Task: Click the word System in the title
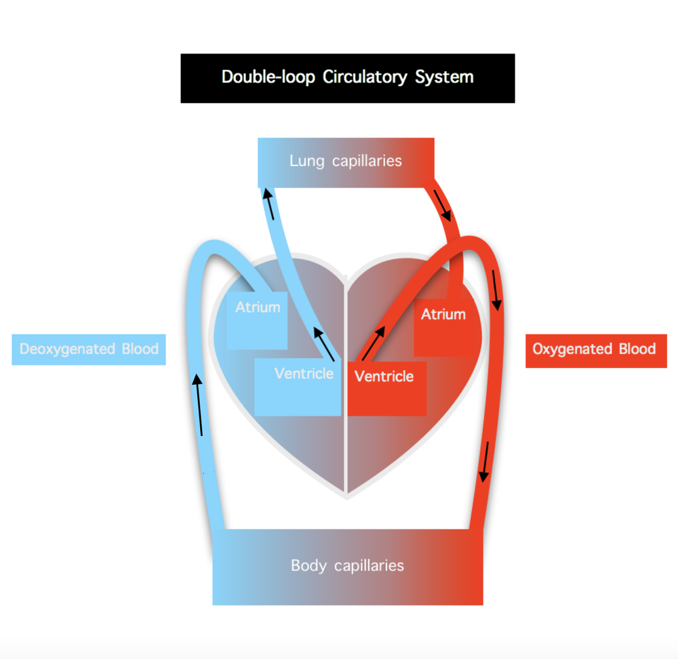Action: tap(445, 77)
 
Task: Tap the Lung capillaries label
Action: tap(346, 161)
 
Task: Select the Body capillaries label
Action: tap(347, 565)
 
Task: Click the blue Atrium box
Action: tap(258, 320)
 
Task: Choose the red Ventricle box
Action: tap(386, 388)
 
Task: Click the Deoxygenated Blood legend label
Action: tap(89, 349)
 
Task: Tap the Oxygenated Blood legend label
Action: tap(595, 349)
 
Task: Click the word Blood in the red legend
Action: tap(637, 349)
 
